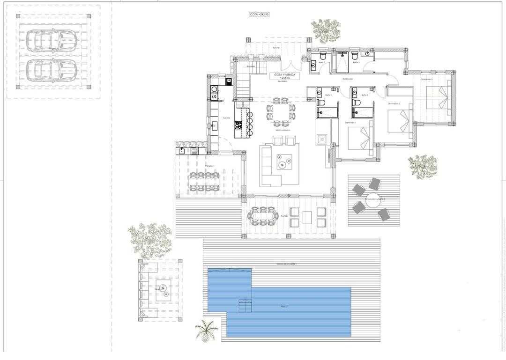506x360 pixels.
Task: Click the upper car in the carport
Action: pos(52,41)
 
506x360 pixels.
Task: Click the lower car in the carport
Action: pos(52,70)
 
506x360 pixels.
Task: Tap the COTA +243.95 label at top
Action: pos(259,15)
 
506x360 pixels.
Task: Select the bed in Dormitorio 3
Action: pos(438,99)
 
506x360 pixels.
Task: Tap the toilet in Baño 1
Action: pos(321,102)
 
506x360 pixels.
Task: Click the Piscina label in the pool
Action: pos(284,307)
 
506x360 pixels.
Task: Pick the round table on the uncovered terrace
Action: pos(373,199)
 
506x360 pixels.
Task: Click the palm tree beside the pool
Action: pos(207,330)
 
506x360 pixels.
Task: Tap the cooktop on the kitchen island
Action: pos(238,125)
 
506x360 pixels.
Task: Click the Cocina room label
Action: pos(226,118)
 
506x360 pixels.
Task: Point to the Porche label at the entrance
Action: pos(276,48)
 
